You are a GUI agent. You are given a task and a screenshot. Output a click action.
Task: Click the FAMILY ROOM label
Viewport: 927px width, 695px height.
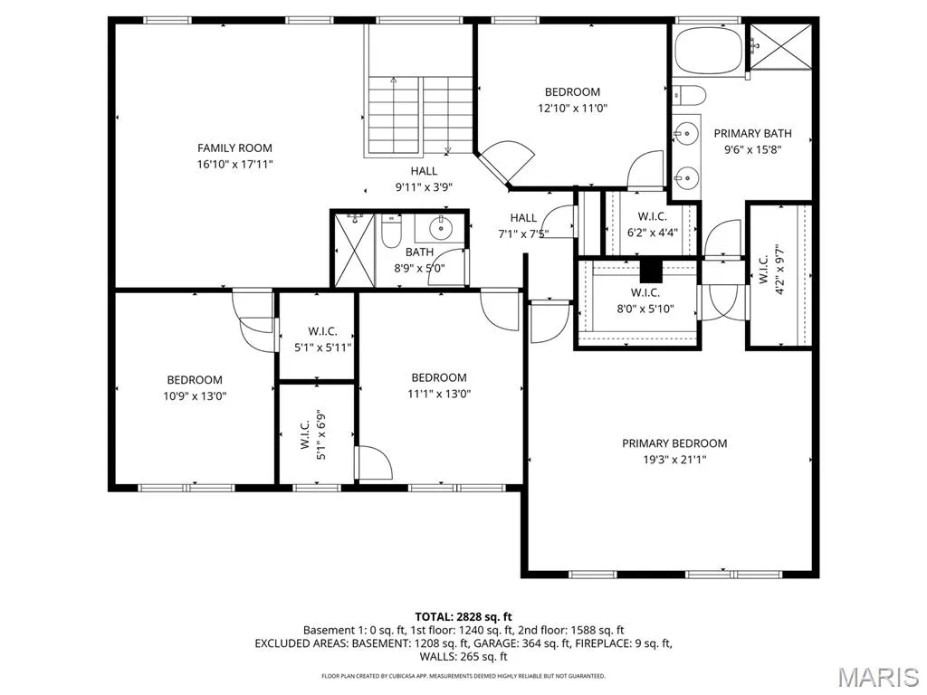coord(234,148)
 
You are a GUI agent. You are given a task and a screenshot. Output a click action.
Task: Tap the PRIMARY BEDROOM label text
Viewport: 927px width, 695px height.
coord(674,443)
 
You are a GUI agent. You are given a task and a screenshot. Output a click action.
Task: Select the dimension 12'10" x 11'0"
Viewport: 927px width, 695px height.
coord(572,109)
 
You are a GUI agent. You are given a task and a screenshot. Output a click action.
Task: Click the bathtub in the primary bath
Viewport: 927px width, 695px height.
coord(709,49)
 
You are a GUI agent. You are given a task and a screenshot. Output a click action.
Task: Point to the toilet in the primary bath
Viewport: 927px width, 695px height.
coord(689,94)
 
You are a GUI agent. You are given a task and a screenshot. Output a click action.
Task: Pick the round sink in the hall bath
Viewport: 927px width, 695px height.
coord(441,226)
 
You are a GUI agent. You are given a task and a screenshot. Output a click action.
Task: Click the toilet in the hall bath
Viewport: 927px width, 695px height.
coord(391,231)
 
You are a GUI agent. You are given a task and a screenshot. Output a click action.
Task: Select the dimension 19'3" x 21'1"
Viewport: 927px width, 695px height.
coord(674,459)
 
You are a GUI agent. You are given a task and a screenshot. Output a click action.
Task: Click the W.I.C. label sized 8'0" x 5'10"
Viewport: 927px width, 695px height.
coord(645,292)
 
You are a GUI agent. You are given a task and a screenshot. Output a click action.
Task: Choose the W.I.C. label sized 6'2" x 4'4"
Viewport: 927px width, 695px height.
coord(652,216)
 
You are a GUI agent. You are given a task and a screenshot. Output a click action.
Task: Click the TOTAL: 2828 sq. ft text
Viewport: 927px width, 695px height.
coord(463,617)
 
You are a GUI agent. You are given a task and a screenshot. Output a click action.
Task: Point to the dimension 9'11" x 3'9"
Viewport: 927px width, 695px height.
coord(424,187)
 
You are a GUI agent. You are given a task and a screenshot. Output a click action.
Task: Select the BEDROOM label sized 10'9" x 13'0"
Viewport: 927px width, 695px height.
coord(195,380)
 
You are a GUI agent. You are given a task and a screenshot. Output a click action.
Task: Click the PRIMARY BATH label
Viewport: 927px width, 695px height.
coord(752,134)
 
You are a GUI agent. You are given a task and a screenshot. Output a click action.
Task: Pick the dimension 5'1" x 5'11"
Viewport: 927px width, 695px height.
coord(323,347)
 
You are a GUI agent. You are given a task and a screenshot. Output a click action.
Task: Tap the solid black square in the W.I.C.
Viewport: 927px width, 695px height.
coord(650,271)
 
